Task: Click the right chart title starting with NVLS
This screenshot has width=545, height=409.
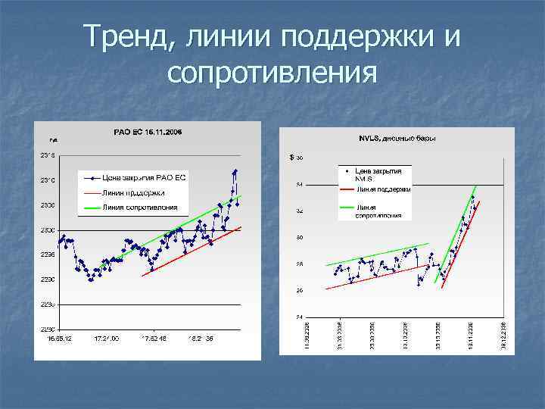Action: pos(397,139)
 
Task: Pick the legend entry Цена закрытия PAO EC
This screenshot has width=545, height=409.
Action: pos(148,178)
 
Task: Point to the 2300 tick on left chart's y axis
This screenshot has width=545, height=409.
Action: pos(46,229)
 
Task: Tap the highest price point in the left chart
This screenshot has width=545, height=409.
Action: pos(236,170)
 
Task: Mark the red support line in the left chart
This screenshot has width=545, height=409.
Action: pos(189,251)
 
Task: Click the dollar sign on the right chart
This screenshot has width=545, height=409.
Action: pos(292,158)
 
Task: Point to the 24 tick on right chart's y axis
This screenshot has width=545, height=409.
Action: pos(300,317)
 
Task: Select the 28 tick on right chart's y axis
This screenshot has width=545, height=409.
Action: pos(300,264)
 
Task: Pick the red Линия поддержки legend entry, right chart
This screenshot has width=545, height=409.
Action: pos(383,189)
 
